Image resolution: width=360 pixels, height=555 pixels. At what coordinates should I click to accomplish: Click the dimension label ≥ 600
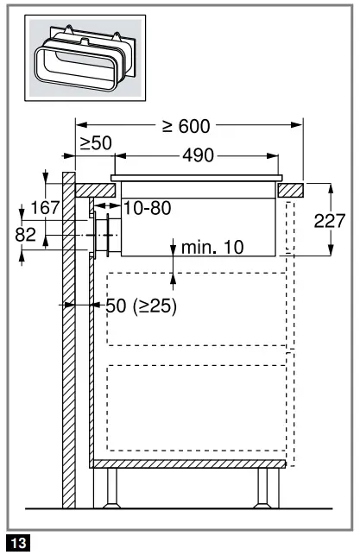[186, 126]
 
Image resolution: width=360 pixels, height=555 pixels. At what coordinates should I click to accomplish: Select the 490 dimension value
[199, 155]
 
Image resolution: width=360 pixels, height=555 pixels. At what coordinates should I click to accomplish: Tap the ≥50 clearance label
[96, 143]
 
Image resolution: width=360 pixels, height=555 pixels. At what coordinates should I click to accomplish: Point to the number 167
[45, 207]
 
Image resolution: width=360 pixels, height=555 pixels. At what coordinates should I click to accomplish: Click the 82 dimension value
[26, 235]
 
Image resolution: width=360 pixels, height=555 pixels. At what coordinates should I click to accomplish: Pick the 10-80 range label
[148, 208]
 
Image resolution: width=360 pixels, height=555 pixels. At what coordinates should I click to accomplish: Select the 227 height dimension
[330, 221]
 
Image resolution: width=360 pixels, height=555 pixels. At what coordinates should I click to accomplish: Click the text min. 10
[212, 248]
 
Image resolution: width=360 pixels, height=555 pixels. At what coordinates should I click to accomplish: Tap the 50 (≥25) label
[141, 306]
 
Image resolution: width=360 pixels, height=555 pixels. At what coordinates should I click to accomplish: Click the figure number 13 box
[18, 543]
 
